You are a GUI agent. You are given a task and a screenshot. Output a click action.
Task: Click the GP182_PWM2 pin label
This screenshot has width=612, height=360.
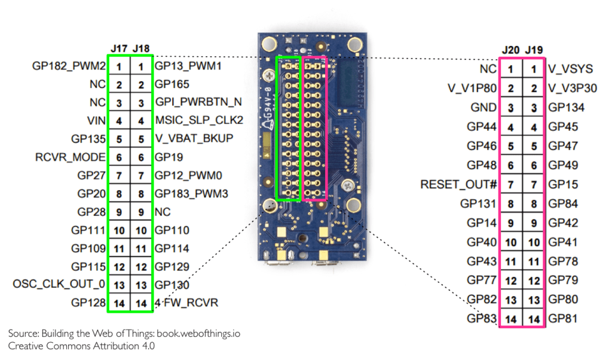tap(69, 66)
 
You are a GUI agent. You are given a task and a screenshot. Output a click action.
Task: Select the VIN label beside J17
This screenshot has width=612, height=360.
tap(96, 121)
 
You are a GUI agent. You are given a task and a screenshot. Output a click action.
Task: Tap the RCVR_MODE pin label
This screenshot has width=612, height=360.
tap(71, 157)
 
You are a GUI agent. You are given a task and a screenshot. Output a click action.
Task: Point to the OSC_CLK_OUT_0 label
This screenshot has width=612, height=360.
tap(59, 284)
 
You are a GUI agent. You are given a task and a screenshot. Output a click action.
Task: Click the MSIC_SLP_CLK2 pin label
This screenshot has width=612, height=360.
tap(199, 121)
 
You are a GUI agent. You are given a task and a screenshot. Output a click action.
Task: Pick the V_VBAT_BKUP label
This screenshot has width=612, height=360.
tap(194, 139)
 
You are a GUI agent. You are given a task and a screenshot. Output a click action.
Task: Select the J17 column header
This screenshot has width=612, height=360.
tap(119, 48)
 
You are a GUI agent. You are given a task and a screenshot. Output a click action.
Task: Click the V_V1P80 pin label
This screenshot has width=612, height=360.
tap(472, 89)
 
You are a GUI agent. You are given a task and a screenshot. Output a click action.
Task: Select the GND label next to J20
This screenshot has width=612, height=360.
tap(484, 108)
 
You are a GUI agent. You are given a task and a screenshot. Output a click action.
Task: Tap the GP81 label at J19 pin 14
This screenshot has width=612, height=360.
tap(562, 319)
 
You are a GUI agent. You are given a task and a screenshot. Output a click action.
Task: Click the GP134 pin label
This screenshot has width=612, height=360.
tap(566, 108)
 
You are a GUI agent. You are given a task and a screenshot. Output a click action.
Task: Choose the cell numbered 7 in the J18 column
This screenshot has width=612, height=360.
tap(141, 176)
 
